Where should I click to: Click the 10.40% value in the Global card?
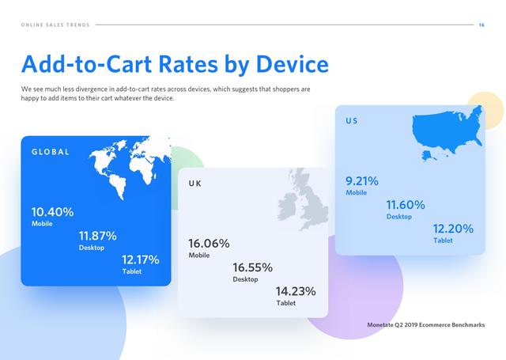pos(53,212)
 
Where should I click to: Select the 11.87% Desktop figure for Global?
pos(98,236)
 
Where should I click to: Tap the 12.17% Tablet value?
pos(141,260)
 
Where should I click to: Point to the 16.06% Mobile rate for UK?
pos(209,244)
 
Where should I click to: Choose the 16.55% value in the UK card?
pos(253,267)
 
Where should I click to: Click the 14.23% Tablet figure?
pos(296,291)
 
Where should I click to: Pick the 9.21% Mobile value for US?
pos(362,181)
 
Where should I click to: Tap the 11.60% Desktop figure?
pos(406,205)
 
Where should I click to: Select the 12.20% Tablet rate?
pos(453,229)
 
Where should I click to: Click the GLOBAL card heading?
pos(51,152)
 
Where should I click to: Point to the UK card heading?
pos(195,184)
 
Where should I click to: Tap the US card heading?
pos(352,121)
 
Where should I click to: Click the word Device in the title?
pos(293,64)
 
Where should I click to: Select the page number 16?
pos(481,25)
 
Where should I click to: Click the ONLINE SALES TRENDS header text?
pos(55,25)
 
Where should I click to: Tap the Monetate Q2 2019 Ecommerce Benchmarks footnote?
pos(426,325)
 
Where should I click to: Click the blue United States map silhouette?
pos(447,130)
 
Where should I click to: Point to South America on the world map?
pos(118,186)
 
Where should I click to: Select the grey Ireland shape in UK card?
pos(287,207)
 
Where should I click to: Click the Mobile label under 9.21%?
pos(357,193)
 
